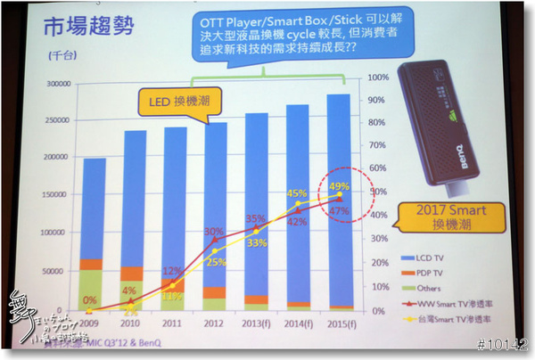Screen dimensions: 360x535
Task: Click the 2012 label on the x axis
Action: point(215,323)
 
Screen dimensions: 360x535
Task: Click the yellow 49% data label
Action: point(338,187)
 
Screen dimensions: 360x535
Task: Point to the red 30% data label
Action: point(213,232)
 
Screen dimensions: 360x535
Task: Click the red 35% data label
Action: point(255,219)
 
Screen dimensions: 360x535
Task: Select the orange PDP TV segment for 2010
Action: point(134,274)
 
